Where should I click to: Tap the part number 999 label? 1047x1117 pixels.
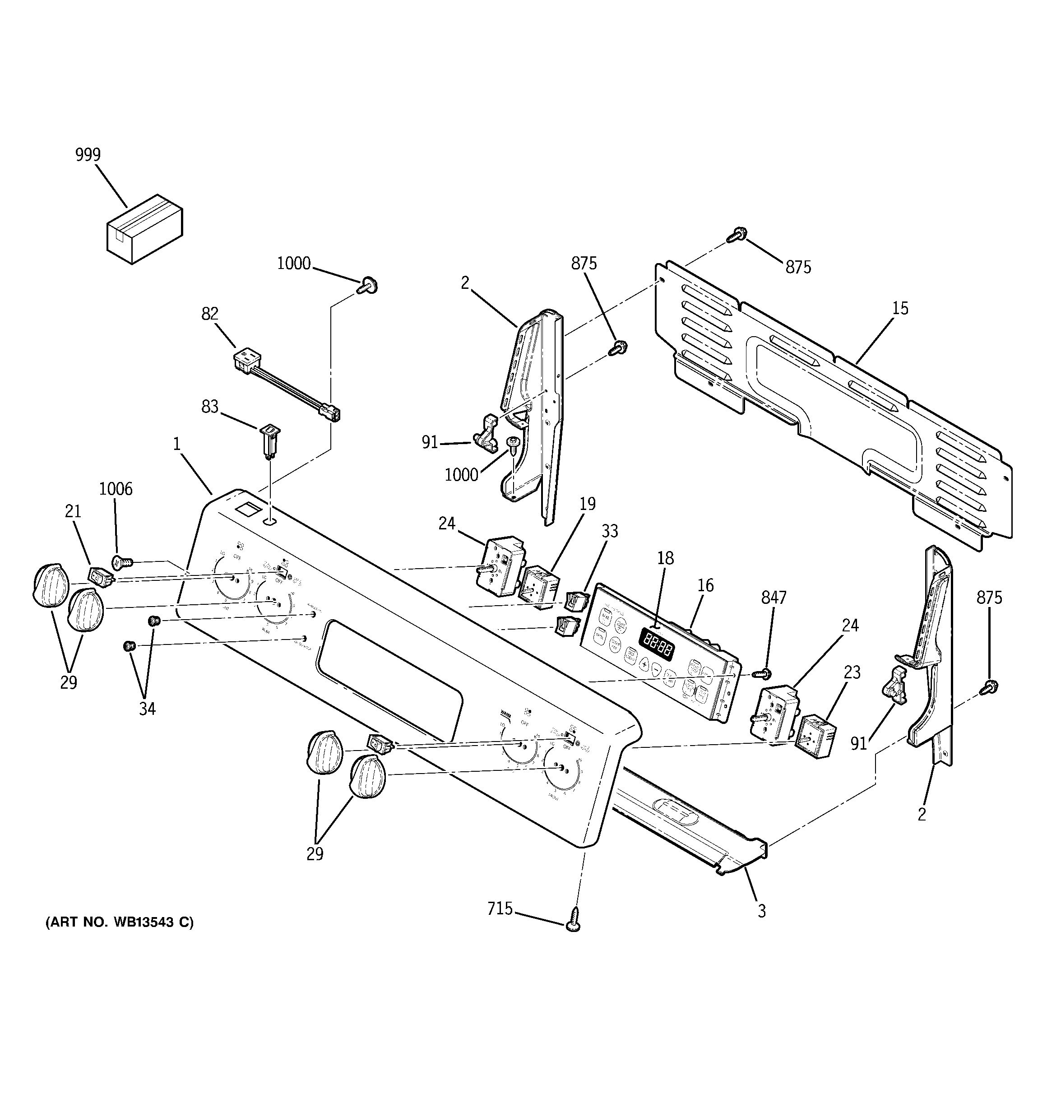coord(88,154)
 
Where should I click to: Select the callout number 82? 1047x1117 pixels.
coord(209,314)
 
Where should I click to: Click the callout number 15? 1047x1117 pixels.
coord(900,308)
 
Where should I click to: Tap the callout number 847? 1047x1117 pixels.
coord(774,598)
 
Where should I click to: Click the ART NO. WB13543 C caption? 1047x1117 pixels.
coord(119,922)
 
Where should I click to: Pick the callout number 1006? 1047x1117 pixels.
coord(116,489)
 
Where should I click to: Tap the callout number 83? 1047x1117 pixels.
coord(209,406)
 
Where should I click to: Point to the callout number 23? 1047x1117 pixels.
coord(852,672)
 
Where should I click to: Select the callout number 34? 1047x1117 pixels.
coord(147,709)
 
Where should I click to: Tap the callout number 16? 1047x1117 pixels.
coord(705,585)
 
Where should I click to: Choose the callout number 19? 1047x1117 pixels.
coord(587,504)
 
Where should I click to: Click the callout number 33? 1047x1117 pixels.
coord(609,531)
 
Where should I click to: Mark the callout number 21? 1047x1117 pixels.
coord(73,511)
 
